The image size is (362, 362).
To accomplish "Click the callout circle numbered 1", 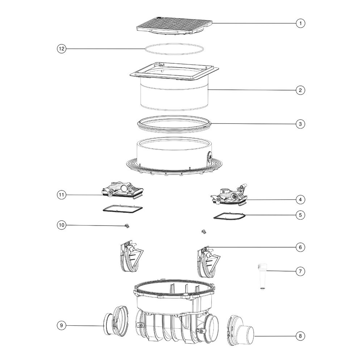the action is pyautogui.click(x=300, y=23).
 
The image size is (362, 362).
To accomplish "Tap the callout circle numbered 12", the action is pyautogui.click(x=62, y=49).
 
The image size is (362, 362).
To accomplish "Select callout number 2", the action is pyautogui.click(x=300, y=90).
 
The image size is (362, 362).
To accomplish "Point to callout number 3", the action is pyautogui.click(x=300, y=124).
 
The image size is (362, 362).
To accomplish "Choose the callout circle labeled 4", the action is pyautogui.click(x=300, y=199).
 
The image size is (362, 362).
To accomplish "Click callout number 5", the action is pyautogui.click(x=300, y=215).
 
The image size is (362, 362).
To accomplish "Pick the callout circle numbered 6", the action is pyautogui.click(x=300, y=247).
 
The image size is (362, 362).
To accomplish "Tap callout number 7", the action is pyautogui.click(x=300, y=271).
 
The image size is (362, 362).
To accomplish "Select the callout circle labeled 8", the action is pyautogui.click(x=300, y=336).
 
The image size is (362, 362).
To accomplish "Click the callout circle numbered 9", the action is pyautogui.click(x=62, y=325).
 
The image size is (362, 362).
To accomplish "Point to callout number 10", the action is pyautogui.click(x=62, y=225).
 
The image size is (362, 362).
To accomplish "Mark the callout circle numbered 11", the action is pyautogui.click(x=62, y=195).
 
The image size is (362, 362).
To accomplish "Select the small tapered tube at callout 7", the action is pyautogui.click(x=262, y=276).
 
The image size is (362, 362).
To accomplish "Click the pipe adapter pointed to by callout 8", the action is pyautogui.click(x=241, y=331).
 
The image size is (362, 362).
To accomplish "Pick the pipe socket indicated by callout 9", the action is pyautogui.click(x=115, y=321).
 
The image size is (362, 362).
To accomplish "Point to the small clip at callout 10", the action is pyautogui.click(x=126, y=226).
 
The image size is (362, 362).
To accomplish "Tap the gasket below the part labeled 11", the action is pyautogui.click(x=122, y=206).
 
